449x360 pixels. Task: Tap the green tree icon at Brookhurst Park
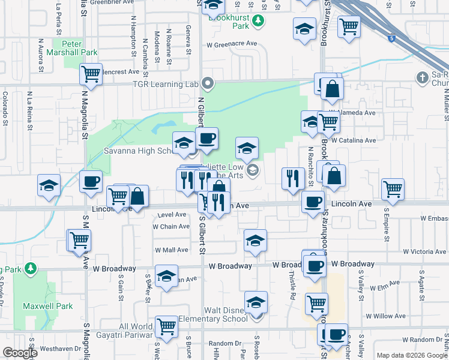[258, 22]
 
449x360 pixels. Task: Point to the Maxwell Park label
[48, 306]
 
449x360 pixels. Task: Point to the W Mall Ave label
[172, 250]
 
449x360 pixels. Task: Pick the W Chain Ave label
[171, 227]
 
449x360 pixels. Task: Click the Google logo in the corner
[20, 353]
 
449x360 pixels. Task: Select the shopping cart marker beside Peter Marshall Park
[91, 74]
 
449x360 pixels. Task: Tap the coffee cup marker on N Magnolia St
[91, 181]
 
